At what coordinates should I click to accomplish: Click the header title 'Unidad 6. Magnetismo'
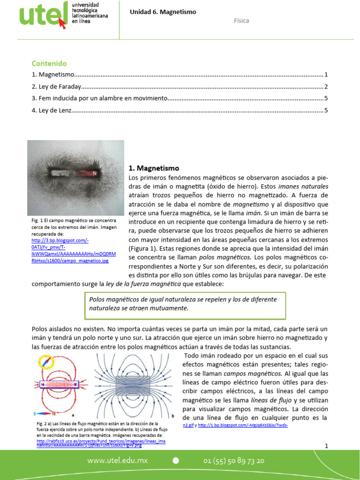tap(163, 12)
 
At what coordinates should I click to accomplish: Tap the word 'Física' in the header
tap(241, 21)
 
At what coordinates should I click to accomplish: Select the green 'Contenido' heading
tap(49, 63)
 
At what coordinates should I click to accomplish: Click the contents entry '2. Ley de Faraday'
tap(57, 87)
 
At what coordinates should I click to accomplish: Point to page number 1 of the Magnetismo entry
tap(325, 75)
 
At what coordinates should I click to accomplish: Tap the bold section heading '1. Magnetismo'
tap(154, 168)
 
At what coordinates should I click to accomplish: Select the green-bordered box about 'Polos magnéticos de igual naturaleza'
tap(184, 303)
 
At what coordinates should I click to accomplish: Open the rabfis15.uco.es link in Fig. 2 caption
tap(101, 441)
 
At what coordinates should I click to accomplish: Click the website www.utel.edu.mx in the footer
tap(117, 461)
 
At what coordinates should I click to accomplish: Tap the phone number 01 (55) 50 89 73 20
tap(234, 461)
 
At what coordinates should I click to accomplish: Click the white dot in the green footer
tap(176, 461)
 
